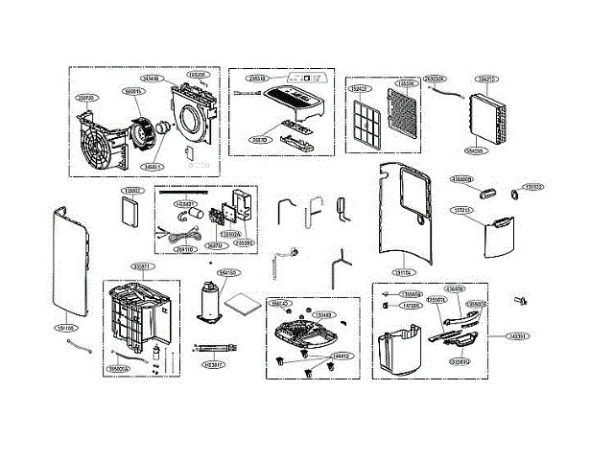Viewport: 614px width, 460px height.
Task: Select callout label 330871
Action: [141, 265]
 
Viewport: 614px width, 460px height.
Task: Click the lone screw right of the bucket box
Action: [523, 301]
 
